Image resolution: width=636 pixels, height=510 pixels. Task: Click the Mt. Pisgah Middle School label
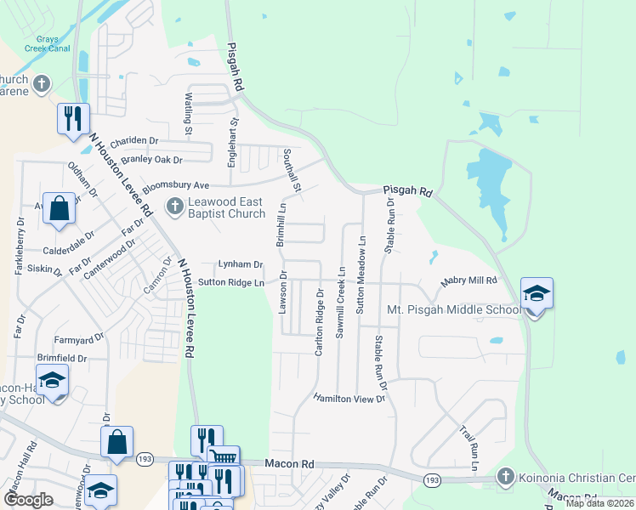[x=453, y=309]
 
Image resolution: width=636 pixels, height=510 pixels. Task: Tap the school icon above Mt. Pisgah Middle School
[x=537, y=294]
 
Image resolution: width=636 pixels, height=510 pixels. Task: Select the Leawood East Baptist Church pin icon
[x=174, y=206]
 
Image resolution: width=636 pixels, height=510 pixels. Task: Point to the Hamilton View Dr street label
[x=349, y=398]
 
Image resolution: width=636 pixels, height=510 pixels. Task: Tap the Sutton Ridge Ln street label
[x=231, y=282]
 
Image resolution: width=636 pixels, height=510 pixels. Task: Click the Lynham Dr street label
[x=241, y=265]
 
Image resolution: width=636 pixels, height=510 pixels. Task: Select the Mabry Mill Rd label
[x=468, y=280]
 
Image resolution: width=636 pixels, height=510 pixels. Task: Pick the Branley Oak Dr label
[x=152, y=159]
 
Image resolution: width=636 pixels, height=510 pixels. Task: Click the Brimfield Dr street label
[x=62, y=359]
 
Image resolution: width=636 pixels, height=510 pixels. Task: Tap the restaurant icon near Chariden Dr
[x=72, y=117]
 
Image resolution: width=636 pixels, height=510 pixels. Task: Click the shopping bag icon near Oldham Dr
[x=60, y=208]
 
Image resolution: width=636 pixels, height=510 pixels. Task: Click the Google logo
[x=29, y=500]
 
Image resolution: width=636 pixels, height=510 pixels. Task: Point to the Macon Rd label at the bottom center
[x=289, y=464]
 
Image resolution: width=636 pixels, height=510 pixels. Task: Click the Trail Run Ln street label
[x=468, y=445]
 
